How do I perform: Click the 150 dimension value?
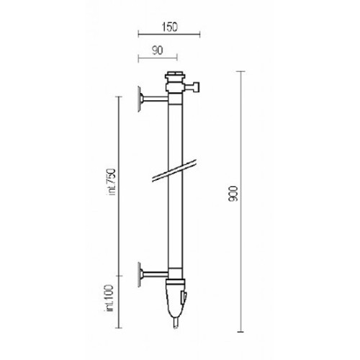pos(169,27)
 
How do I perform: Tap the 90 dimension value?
pos(158,50)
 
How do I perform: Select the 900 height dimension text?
pos(233,194)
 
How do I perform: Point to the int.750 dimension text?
pos(112,182)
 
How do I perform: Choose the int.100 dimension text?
pos(109,298)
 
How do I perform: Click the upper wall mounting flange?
pos(140,99)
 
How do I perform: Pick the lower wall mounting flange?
pos(140,274)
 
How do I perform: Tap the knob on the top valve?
pos(196,86)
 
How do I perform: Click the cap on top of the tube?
pos(175,74)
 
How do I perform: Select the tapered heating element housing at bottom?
pos(176,300)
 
